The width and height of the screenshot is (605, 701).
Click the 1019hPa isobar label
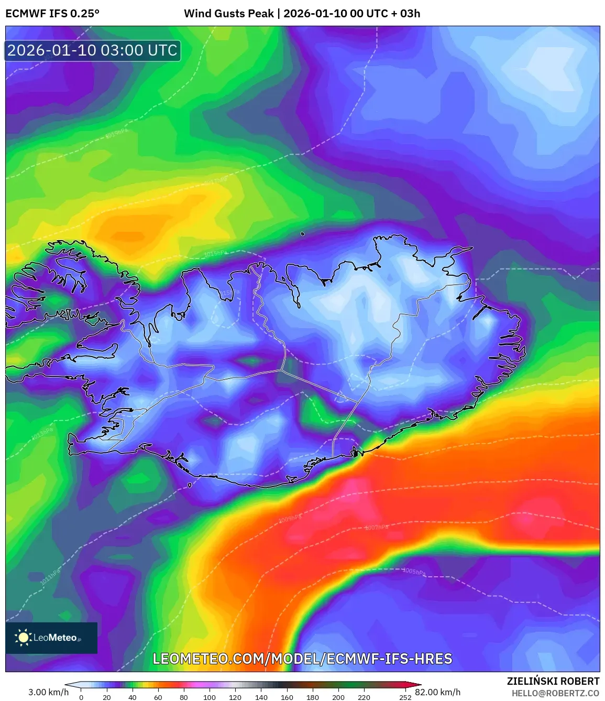(116, 134)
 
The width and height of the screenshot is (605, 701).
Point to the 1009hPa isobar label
(290, 519)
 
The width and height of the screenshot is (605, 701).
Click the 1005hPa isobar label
(414, 571)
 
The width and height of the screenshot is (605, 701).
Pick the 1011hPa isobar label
(50, 577)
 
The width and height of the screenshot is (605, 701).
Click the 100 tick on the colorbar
(210, 697)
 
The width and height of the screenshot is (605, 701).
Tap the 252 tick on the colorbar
(405, 697)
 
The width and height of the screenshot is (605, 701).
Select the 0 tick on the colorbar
(81, 697)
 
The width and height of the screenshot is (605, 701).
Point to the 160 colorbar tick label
(287, 697)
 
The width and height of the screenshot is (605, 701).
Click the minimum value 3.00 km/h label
(48, 692)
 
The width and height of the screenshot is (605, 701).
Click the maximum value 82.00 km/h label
(438, 692)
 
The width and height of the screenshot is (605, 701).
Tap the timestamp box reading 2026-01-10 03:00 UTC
(93, 50)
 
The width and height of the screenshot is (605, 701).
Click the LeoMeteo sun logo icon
(24, 638)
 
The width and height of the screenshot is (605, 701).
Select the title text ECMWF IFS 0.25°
(52, 14)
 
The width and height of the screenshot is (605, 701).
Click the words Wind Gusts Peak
(229, 14)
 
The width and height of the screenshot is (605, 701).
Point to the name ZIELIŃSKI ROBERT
(553, 681)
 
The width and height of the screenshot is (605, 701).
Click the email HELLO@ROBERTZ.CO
(555, 693)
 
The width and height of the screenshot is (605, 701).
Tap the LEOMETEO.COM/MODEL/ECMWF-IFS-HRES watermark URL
(302, 659)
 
